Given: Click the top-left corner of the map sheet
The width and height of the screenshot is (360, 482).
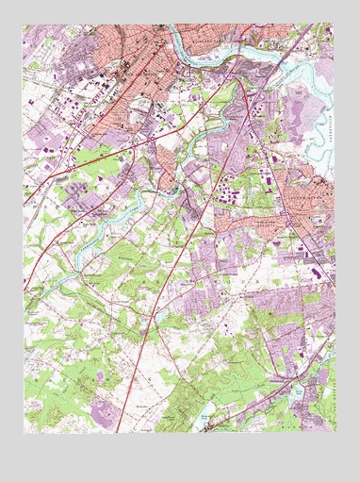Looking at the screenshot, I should click(25, 24).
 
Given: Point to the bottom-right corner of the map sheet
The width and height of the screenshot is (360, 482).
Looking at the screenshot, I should click(335, 433).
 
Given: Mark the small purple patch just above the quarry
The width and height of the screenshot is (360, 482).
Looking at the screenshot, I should click(101, 377).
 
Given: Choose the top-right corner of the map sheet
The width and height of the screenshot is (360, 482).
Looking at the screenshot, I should click(335, 24).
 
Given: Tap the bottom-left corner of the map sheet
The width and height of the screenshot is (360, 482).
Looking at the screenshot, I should click(25, 433).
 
